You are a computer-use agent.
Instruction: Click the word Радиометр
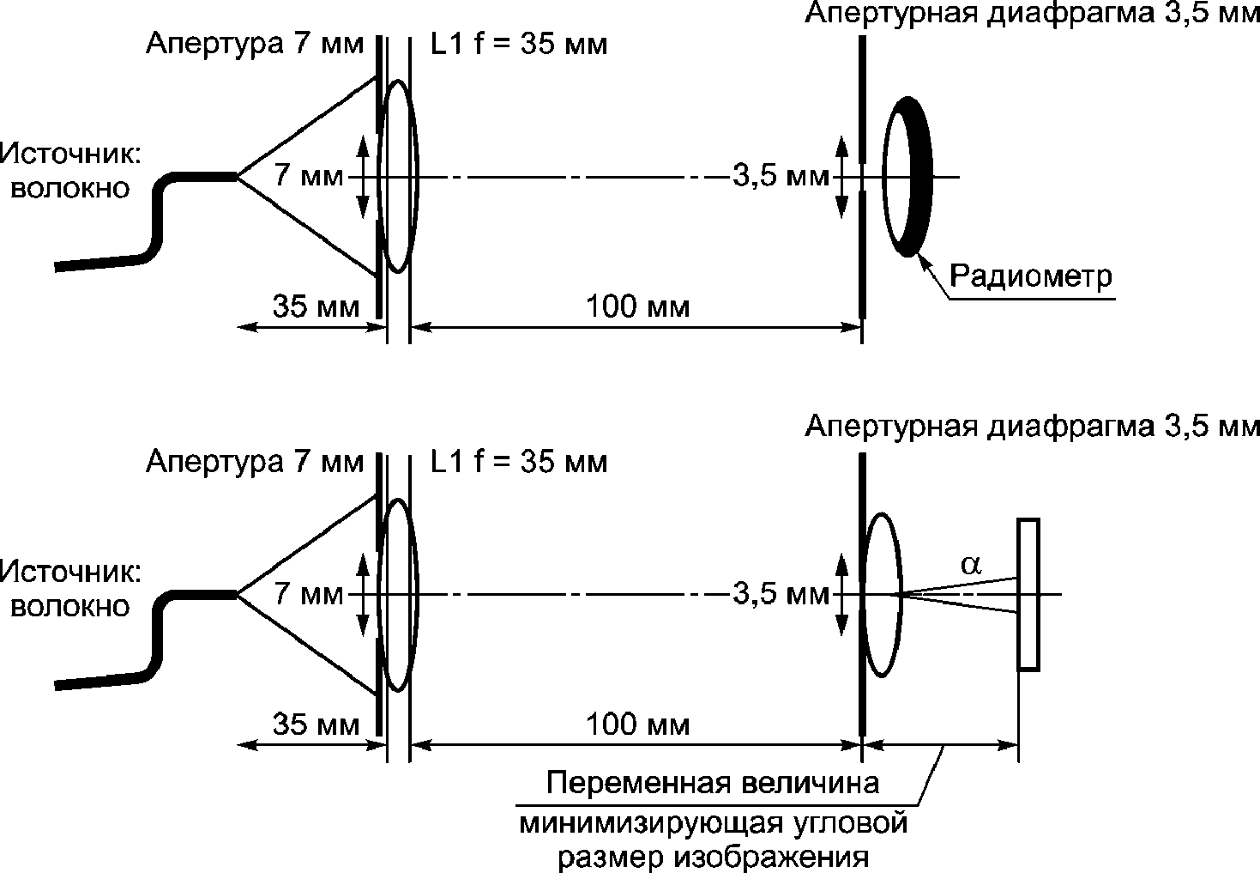pyautogui.click(x=1030, y=277)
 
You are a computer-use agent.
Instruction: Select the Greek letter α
pyautogui.click(x=971, y=565)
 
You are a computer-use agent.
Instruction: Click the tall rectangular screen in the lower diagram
pyautogui.click(x=1028, y=594)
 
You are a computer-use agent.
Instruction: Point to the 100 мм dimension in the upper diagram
pyautogui.click(x=637, y=307)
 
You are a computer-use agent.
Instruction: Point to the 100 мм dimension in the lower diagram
pyautogui.click(x=637, y=725)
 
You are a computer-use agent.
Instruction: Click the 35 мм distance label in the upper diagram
pyautogui.click(x=316, y=307)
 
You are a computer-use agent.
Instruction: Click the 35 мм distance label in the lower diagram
pyautogui.click(x=316, y=725)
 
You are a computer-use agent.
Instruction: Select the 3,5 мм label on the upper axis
pyautogui.click(x=781, y=177)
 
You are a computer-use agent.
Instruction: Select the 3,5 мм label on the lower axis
pyautogui.click(x=781, y=594)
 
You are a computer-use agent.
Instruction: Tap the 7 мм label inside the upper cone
pyautogui.click(x=308, y=175)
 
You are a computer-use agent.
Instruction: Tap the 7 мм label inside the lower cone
pyautogui.click(x=308, y=593)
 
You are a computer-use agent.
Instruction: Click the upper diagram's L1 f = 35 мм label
pyautogui.click(x=519, y=44)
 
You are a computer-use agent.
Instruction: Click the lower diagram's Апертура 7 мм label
pyautogui.click(x=255, y=462)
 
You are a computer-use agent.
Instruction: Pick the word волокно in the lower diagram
pyautogui.click(x=70, y=607)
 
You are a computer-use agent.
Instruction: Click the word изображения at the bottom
pyautogui.click(x=771, y=858)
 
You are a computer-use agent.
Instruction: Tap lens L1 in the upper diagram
pyautogui.click(x=398, y=177)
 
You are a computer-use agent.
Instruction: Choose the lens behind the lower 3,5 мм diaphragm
pyautogui.click(x=882, y=595)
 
